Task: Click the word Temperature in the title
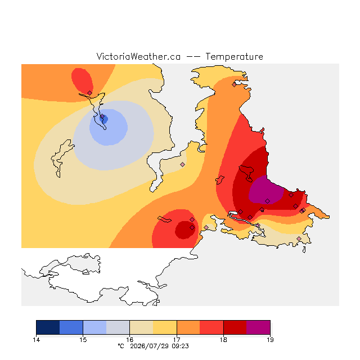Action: [234, 57]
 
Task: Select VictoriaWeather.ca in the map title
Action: [138, 56]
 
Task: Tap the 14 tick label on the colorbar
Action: [36, 340]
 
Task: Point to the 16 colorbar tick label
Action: [130, 340]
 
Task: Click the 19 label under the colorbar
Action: [270, 340]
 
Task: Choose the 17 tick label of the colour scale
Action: [177, 340]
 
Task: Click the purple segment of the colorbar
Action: [258, 327]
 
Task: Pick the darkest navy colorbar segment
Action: [48, 327]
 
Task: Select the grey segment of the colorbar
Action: [118, 327]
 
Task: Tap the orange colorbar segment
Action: [188, 327]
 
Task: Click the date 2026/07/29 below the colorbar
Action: [150, 346]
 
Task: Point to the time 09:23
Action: [180, 346]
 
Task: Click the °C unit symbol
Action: [121, 346]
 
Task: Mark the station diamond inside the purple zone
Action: [268, 201]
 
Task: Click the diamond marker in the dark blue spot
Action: [102, 116]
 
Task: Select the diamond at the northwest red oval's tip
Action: [89, 93]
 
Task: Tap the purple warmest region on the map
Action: [266, 190]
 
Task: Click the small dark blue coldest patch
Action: [104, 119]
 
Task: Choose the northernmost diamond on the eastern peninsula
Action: [234, 85]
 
